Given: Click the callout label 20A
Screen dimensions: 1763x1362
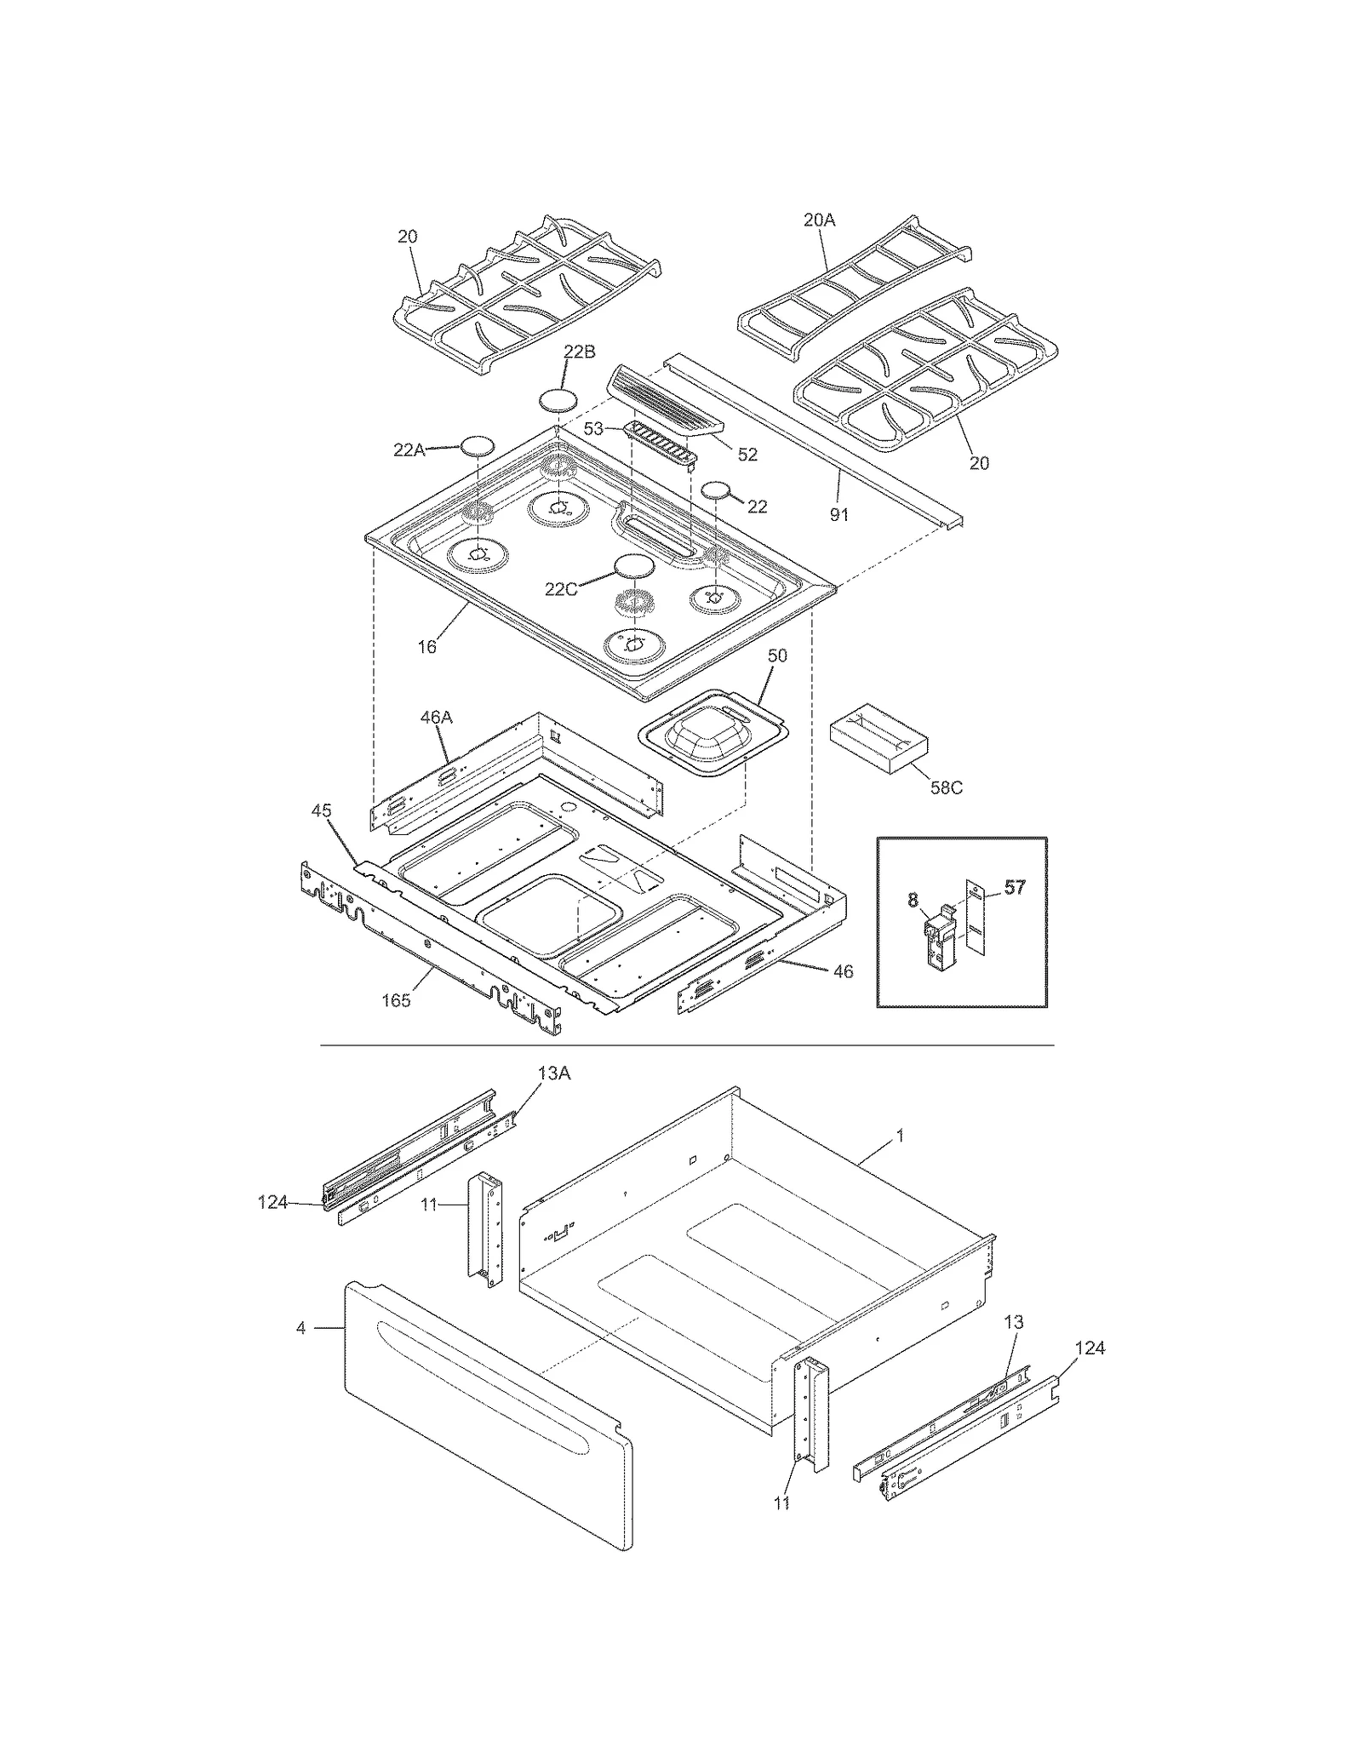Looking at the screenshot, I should pyautogui.click(x=819, y=220).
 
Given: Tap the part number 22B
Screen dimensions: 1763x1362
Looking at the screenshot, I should pyautogui.click(x=579, y=352).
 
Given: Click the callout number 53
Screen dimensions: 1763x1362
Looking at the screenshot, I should pyautogui.click(x=592, y=428).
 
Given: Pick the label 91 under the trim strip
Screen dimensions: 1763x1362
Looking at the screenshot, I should pyautogui.click(x=838, y=514).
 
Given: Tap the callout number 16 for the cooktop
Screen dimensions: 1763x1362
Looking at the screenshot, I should pyautogui.click(x=426, y=647).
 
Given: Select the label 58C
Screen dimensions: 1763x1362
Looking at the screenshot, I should pyautogui.click(x=945, y=787).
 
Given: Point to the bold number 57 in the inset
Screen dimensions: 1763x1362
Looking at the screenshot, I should pyautogui.click(x=1014, y=888).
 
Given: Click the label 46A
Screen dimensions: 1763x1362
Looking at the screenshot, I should pyautogui.click(x=436, y=717).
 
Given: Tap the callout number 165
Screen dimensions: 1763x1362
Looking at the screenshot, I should pyautogui.click(x=396, y=1000).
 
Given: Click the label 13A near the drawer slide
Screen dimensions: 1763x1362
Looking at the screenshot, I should pyautogui.click(x=553, y=1073).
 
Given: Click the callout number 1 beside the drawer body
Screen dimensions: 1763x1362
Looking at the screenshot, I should pyautogui.click(x=900, y=1136).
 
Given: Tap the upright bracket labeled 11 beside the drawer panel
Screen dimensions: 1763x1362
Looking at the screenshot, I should pyautogui.click(x=484, y=1226).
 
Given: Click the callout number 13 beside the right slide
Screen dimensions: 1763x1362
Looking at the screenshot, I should pyautogui.click(x=1013, y=1322).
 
